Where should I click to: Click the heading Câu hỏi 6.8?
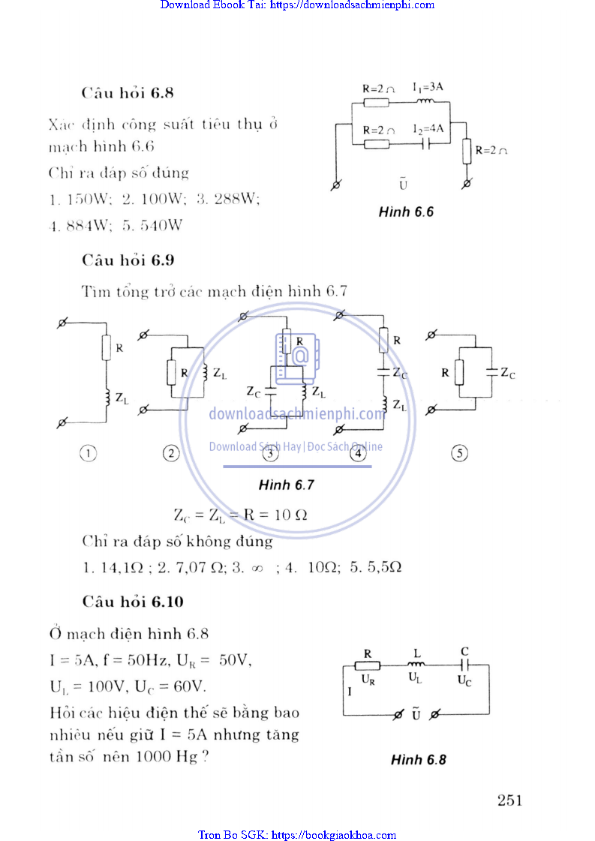pos(128,94)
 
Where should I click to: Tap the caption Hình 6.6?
pos(406,212)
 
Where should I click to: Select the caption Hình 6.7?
pos(286,485)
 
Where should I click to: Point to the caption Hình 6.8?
pos(419,760)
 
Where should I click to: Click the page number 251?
pos(509,800)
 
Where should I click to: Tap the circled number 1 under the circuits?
pos(89,453)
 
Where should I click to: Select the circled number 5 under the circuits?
pos(459,453)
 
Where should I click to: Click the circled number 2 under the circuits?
pos(172,453)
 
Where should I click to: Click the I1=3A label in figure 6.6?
pos(428,87)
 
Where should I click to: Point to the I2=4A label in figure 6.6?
pos(428,129)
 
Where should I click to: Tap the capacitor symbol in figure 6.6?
pos(426,143)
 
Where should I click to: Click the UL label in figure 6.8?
pos(415,677)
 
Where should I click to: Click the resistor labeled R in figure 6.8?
pos(368,665)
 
